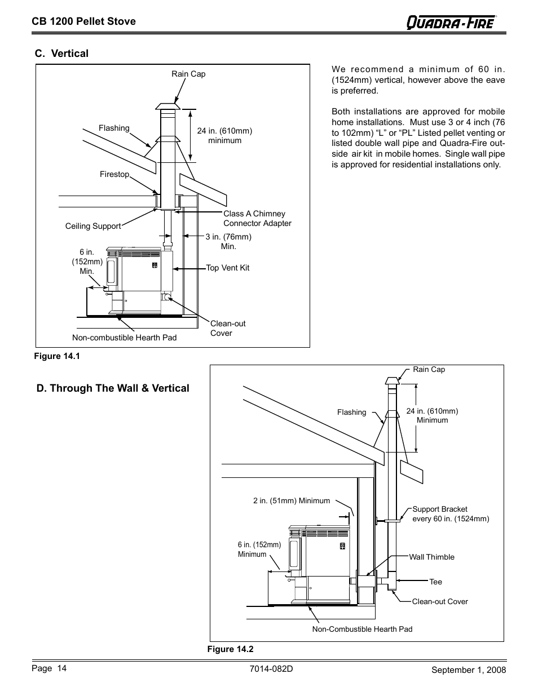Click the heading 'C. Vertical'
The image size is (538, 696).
pyautogui.click(x=61, y=54)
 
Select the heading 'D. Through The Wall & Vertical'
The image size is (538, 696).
pyautogui.click(x=113, y=388)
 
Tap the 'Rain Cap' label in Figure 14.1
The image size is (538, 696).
pyautogui.click(x=188, y=74)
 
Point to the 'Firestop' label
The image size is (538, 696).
pyautogui.click(x=114, y=174)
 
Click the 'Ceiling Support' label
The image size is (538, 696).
pyautogui.click(x=93, y=226)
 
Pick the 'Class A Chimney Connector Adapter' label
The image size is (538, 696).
pyautogui.click(x=257, y=219)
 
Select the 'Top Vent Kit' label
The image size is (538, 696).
pyautogui.click(x=227, y=268)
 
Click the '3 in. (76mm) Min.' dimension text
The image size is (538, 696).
pyautogui.click(x=228, y=242)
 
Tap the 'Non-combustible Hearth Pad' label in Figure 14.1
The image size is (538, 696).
pyautogui.click(x=124, y=338)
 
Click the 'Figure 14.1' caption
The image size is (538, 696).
pyautogui.click(x=58, y=356)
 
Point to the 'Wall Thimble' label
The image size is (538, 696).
pyautogui.click(x=431, y=557)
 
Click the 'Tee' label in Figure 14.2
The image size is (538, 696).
pyautogui.click(x=436, y=582)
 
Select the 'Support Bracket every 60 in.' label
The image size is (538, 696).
pyautogui.click(x=451, y=514)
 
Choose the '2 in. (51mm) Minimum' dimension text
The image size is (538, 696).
pyautogui.click(x=292, y=500)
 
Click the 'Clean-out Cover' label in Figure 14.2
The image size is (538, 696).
pyautogui.click(x=440, y=601)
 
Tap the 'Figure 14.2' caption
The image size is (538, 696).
pyautogui.click(x=230, y=649)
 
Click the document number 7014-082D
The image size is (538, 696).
pyautogui.click(x=270, y=669)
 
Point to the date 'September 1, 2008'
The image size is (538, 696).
pyautogui.click(x=469, y=670)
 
